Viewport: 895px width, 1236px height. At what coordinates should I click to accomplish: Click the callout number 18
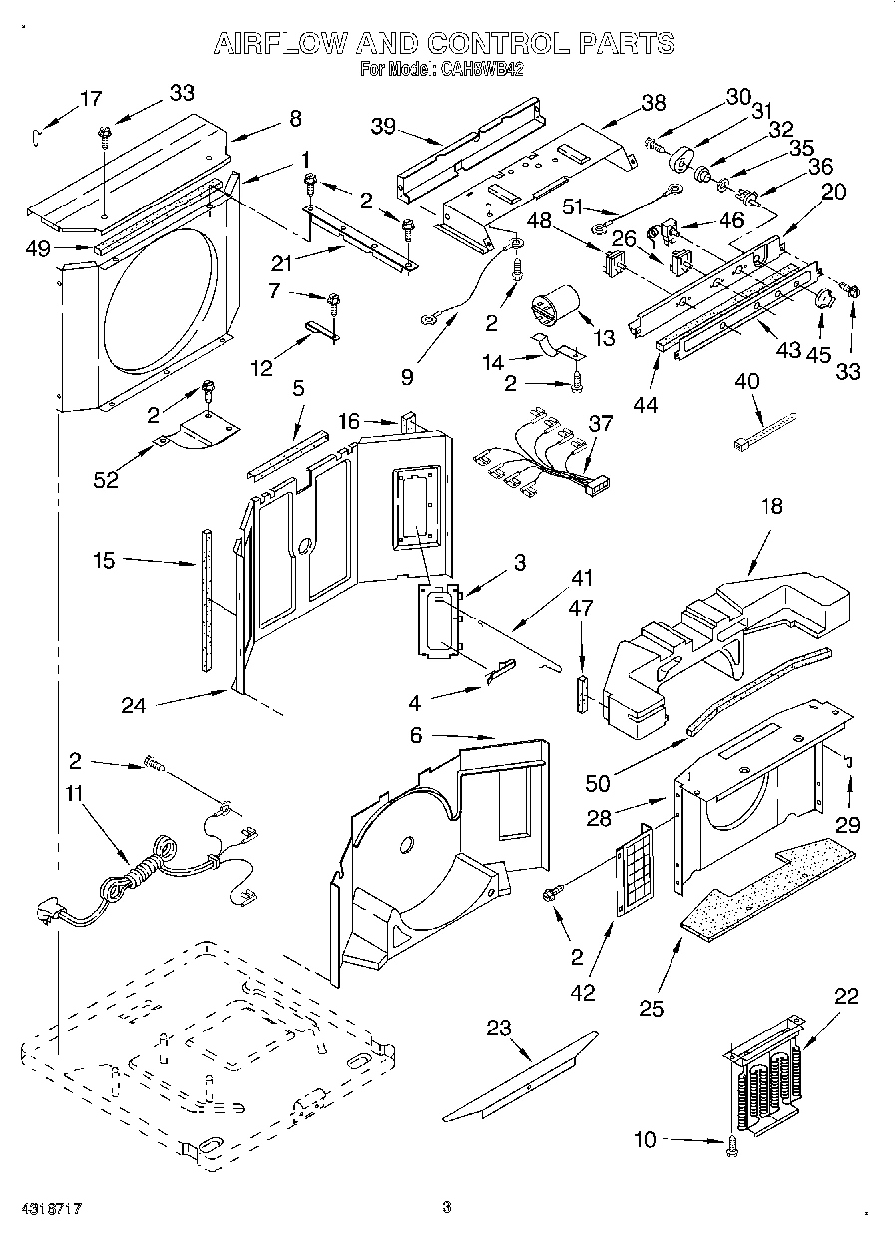click(771, 507)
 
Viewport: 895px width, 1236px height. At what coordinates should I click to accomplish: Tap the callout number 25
click(652, 1008)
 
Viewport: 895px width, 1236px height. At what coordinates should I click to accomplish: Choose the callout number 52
click(105, 479)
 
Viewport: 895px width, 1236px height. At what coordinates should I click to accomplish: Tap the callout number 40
click(745, 380)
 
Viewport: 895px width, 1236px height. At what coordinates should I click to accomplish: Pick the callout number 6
click(416, 735)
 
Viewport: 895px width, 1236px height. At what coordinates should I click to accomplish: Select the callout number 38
click(653, 102)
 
